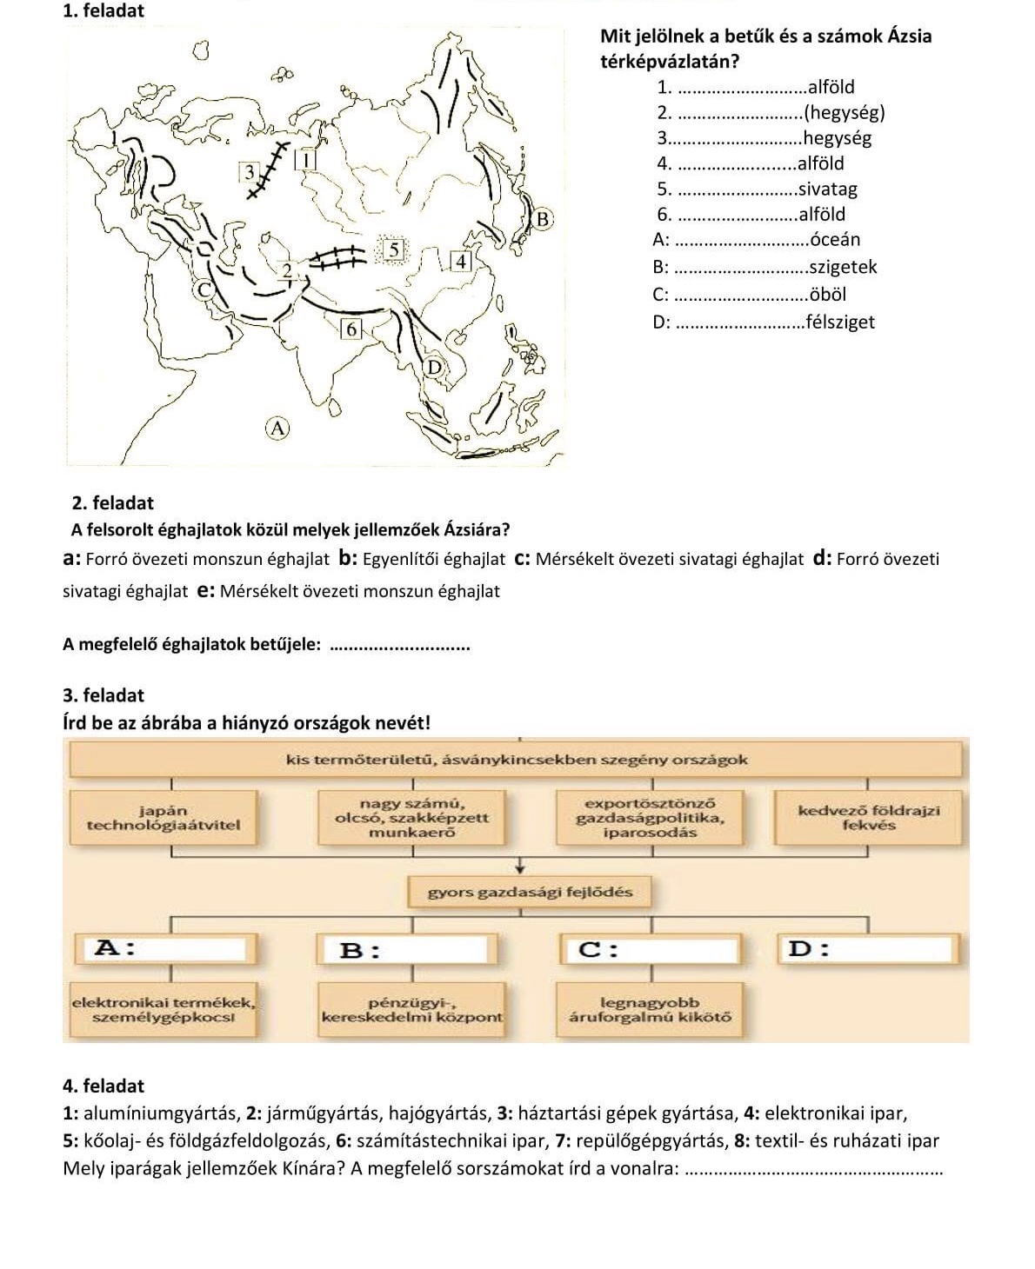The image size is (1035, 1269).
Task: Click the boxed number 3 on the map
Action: click(250, 170)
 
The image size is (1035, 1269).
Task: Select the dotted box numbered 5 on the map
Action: click(393, 249)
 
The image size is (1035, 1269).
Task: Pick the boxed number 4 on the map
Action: click(461, 261)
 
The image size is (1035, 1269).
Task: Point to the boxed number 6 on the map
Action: click(351, 329)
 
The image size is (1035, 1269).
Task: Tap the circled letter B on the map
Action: click(542, 217)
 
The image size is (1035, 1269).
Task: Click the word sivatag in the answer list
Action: click(827, 189)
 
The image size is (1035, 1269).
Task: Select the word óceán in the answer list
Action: click(834, 239)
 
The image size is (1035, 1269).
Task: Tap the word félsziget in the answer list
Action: click(840, 322)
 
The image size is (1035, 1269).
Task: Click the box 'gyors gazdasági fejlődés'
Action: click(530, 892)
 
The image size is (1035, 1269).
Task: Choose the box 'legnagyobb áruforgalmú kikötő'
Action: click(650, 1009)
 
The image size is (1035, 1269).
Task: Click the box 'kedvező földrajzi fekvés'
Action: click(868, 818)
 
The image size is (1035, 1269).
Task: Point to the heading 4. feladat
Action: click(104, 1086)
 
